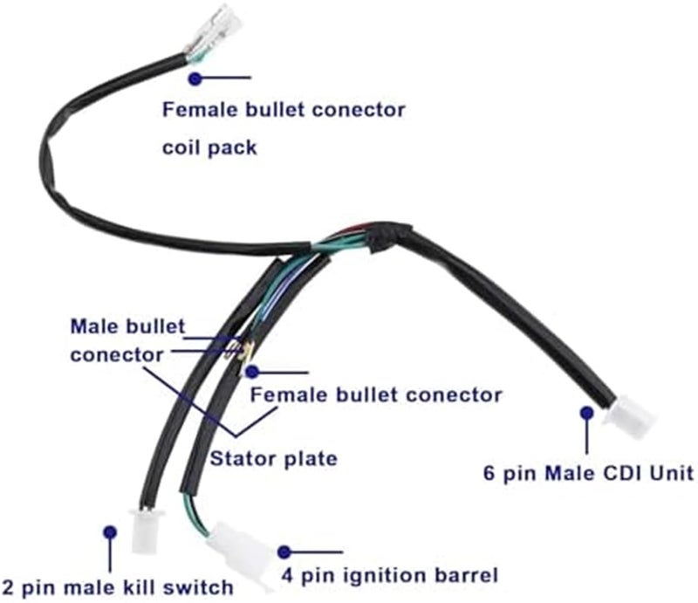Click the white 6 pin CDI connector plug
pos(633,417)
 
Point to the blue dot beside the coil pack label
pos(195,78)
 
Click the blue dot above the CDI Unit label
pos(587,412)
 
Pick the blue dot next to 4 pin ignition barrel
pos(284,552)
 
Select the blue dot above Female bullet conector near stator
pos(252,371)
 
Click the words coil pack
pos(210,147)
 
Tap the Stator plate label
pos(273,458)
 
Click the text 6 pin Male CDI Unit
pos(588,474)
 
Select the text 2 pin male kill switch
pos(117,586)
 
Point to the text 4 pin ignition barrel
pos(389,576)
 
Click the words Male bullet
pos(127,327)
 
